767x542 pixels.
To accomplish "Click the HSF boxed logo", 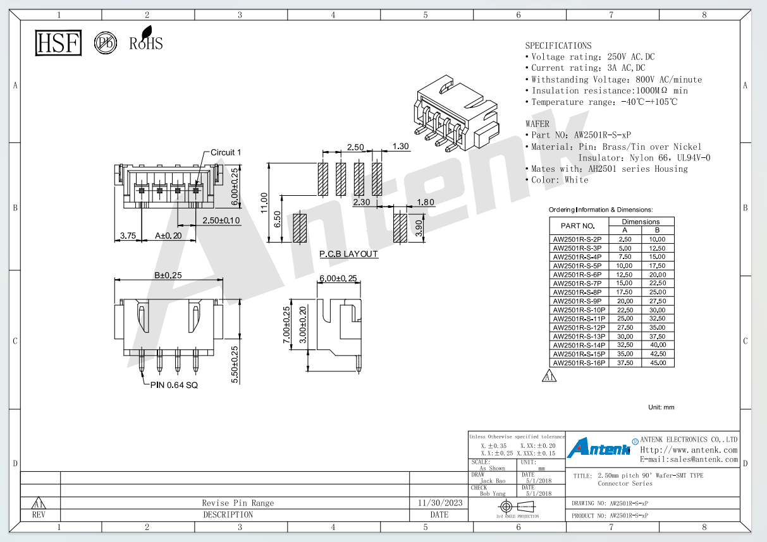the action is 58,43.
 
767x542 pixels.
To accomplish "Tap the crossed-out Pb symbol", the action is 106,43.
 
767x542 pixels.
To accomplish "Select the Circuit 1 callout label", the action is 226,152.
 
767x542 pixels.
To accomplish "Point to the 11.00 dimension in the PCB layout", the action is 264,203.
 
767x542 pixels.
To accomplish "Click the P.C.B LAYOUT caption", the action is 348,254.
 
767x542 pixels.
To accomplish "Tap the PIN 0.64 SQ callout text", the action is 174,385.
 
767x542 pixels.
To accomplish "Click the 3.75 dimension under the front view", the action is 128,236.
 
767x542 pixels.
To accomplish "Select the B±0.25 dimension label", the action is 168,275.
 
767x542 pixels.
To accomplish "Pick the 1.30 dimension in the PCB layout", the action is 401,146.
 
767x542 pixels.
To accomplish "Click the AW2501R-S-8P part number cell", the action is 577,292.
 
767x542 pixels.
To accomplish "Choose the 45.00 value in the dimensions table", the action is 658,363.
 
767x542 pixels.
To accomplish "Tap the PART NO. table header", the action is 578,226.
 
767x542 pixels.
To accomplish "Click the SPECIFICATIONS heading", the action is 558,45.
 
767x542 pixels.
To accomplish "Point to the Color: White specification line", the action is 557,179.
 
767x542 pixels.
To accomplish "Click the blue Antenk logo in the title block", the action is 599,447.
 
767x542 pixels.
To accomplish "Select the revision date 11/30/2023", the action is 440,503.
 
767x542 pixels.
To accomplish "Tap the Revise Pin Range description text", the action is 238,503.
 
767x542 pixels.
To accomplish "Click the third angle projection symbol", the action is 518,506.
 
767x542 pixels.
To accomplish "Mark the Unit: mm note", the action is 661,407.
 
